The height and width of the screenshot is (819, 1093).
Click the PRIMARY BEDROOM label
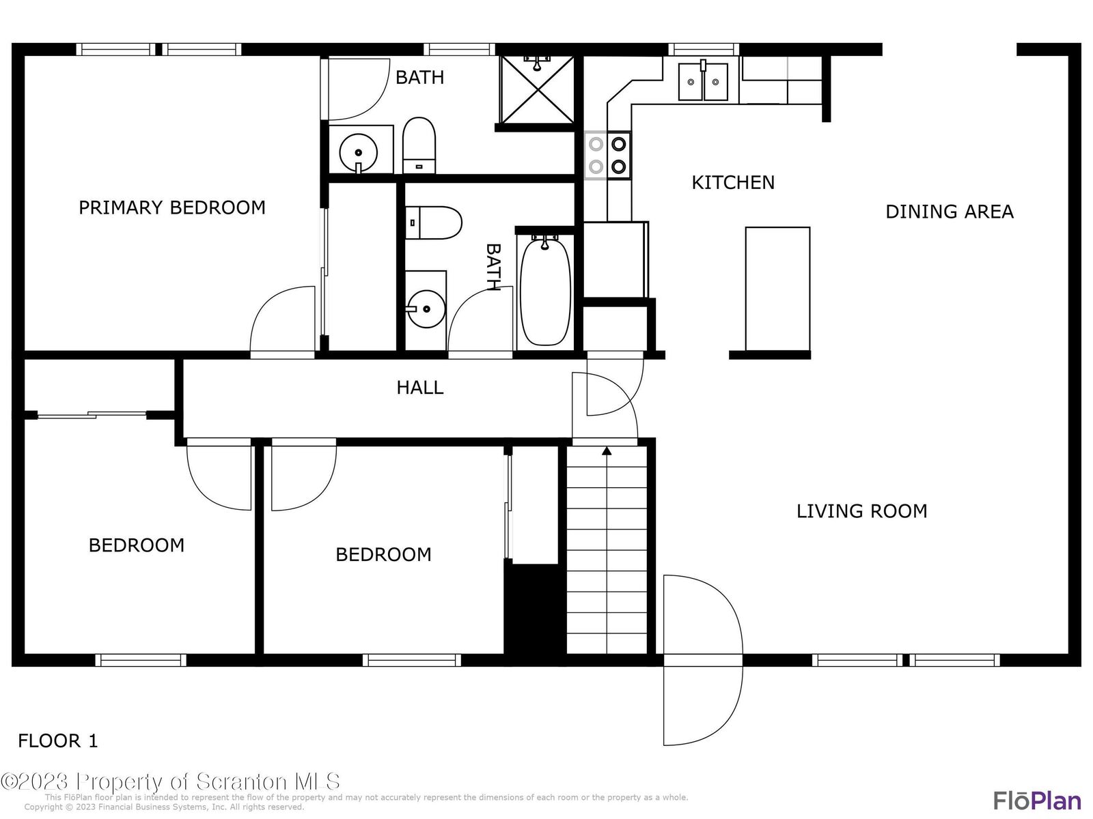(172, 207)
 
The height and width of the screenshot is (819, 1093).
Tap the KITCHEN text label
(733, 183)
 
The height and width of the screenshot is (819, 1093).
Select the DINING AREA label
(949, 212)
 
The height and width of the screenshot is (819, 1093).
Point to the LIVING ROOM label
(861, 511)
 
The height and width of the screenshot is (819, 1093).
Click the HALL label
(419, 388)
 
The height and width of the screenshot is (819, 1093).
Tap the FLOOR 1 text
(58, 741)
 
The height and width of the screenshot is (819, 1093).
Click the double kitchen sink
(703, 81)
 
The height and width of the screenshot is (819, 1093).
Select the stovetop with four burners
(608, 155)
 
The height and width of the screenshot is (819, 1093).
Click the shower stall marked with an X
(538, 91)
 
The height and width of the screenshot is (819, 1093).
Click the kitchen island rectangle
(777, 288)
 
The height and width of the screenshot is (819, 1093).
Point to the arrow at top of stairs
(607, 450)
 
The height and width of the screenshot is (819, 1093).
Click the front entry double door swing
(702, 660)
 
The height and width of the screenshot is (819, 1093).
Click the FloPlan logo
(1036, 800)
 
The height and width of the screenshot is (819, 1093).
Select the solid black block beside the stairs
(535, 609)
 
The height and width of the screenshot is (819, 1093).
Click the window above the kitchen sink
(703, 49)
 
